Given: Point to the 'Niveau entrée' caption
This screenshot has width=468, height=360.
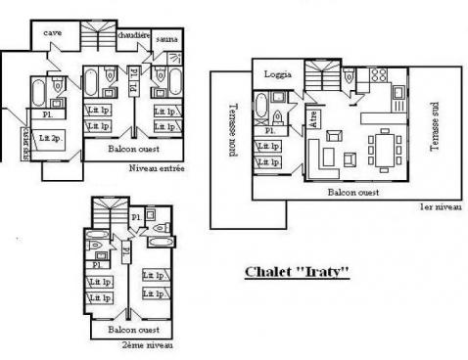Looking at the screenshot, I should coord(157,168).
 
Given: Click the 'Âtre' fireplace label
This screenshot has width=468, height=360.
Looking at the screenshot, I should coord(313,120).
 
